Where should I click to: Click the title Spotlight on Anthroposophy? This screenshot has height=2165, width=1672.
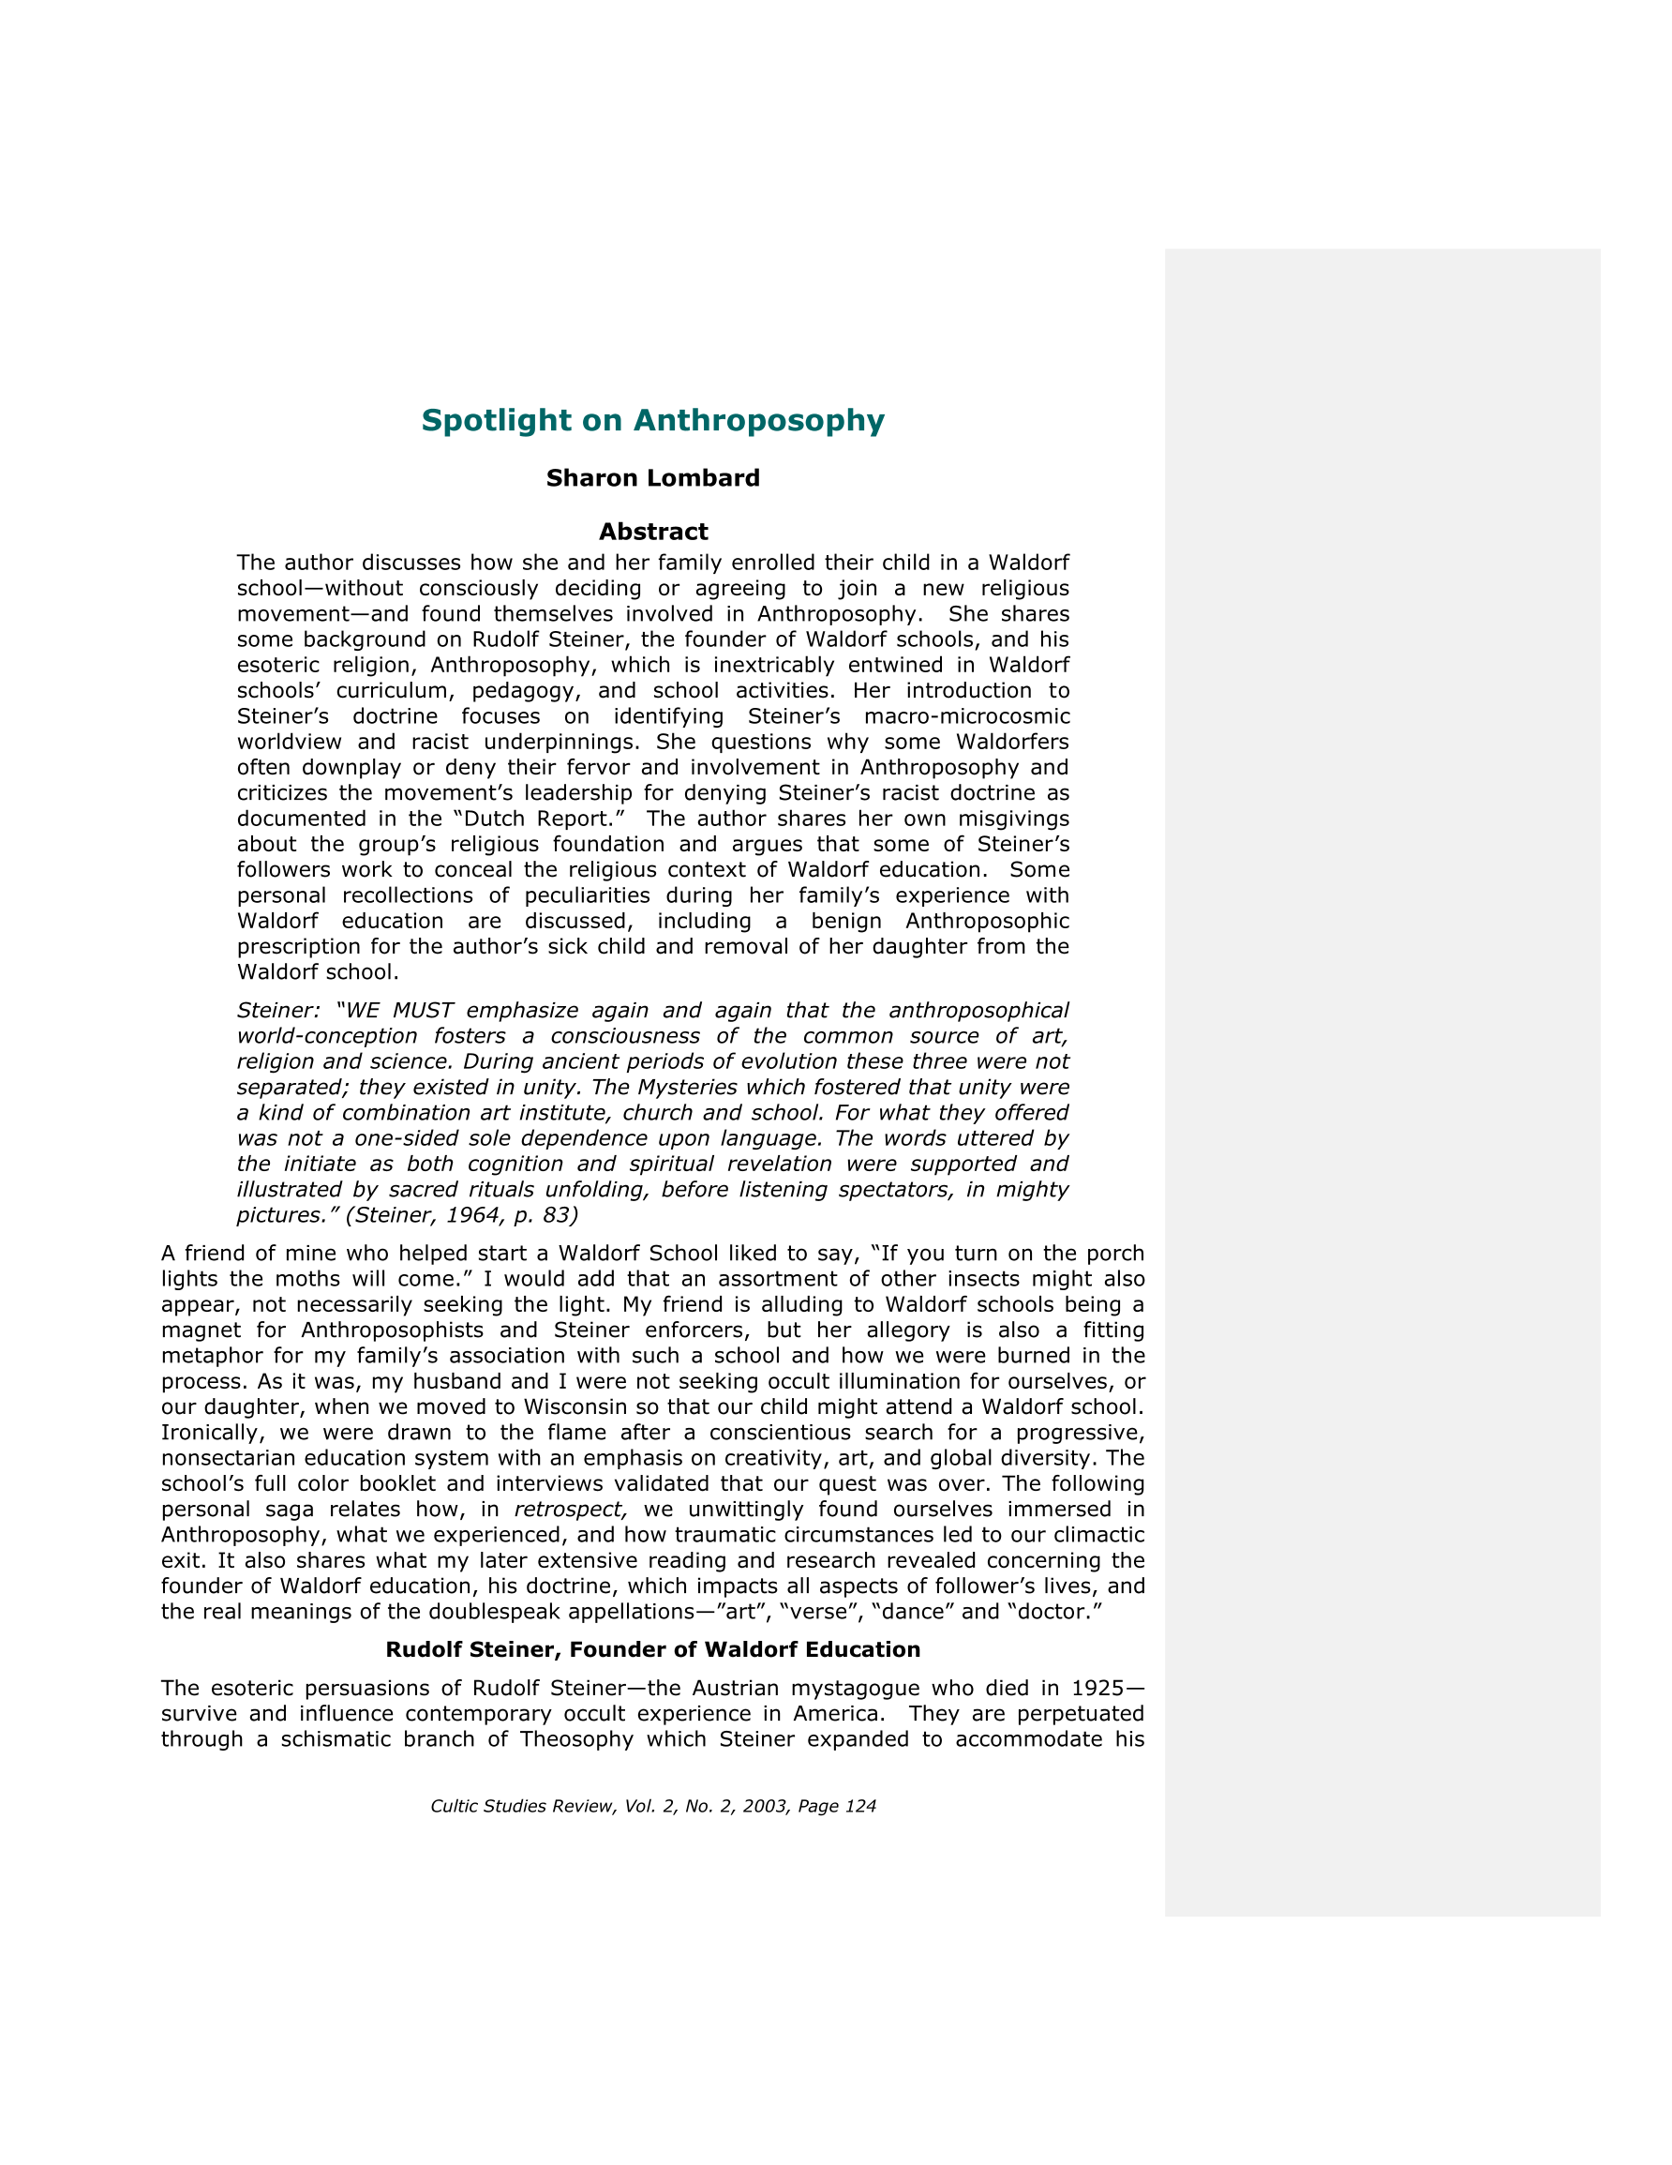coord(652,420)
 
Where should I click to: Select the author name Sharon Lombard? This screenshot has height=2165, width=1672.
coord(652,478)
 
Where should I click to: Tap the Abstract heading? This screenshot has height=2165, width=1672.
coord(652,532)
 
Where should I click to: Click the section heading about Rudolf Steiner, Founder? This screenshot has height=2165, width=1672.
coord(652,1649)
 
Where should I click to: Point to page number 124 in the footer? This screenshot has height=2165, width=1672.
coord(859,1806)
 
